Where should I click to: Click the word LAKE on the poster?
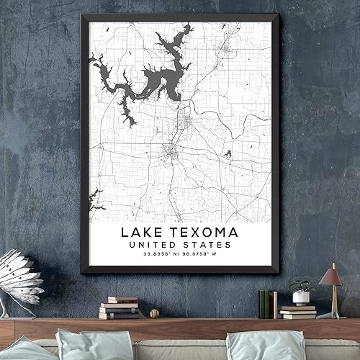coord(140,233)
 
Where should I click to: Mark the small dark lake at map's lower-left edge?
coord(94,195)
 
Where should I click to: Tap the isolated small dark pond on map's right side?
coord(228,153)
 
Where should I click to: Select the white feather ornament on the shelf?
coord(22,277)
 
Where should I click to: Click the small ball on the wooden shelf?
coord(154,313)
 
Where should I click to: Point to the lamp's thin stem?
coord(333,299)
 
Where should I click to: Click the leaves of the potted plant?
coord(301,287)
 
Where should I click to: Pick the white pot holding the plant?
coord(301,298)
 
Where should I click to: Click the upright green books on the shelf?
coord(265,303)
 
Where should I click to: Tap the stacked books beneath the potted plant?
coord(298,311)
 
